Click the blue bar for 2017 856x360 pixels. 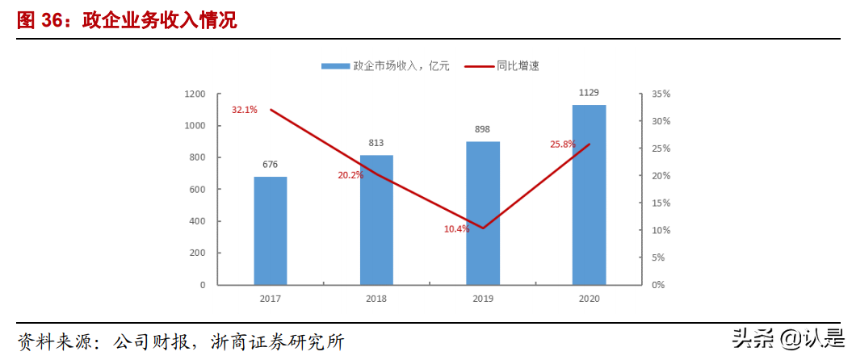(271, 231)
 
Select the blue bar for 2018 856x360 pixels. (376, 220)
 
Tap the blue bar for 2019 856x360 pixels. (483, 213)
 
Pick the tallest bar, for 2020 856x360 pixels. (589, 195)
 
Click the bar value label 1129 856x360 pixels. (589, 93)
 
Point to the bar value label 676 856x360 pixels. (271, 165)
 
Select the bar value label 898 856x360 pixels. (483, 129)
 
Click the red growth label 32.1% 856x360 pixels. (244, 110)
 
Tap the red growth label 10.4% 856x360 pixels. (456, 229)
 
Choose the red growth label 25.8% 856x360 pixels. (563, 144)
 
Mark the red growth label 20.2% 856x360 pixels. (350, 175)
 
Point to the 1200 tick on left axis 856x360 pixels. (195, 94)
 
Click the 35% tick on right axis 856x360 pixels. (661, 94)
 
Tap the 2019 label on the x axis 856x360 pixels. (483, 299)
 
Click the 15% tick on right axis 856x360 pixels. (661, 203)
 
